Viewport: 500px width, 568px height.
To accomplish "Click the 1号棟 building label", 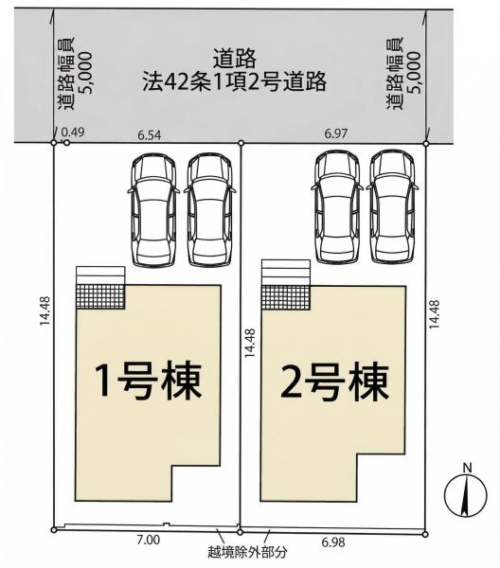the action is pos(148,382).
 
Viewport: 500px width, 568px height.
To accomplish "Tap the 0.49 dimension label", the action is pos(73,133).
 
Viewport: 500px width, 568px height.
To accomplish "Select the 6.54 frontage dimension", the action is pos(150,135).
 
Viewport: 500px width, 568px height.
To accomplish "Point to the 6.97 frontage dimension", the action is pos(336,133).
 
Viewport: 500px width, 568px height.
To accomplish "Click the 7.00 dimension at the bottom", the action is pos(148,541).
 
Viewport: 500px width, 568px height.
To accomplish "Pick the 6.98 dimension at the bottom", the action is pos(333,542).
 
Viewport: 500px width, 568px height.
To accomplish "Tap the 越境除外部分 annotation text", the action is pos(247,552).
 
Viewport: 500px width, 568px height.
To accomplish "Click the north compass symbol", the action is pos(466,493).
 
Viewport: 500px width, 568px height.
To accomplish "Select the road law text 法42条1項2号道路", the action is pos(235,82).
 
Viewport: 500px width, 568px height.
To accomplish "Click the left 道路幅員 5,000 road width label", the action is pos(74,73).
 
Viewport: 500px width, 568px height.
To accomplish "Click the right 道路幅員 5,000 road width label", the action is pos(403,73).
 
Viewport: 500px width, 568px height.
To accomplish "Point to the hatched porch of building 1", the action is pos(100,296).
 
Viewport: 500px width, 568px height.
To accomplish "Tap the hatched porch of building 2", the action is pos(286,298).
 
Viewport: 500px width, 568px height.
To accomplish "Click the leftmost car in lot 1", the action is pos(153,210).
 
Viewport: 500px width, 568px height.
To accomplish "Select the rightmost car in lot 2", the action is pos(392,207).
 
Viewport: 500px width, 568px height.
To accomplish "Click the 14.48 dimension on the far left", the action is pos(45,311).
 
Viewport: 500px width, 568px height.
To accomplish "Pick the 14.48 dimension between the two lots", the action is pos(250,343).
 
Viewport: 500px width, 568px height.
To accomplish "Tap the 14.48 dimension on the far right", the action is pos(435,314).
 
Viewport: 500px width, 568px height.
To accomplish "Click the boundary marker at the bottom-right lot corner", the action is pos(425,534).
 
